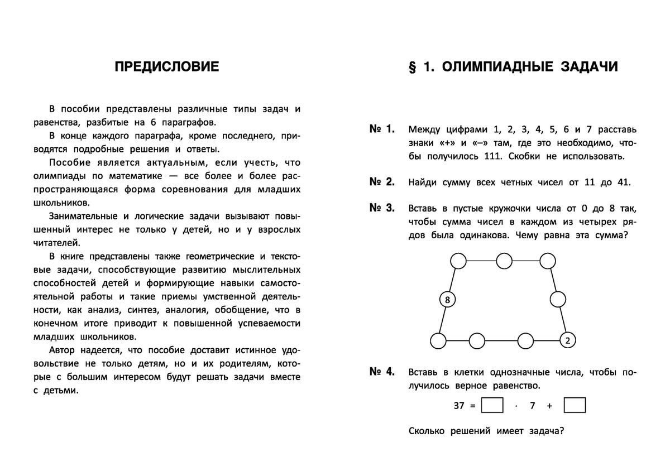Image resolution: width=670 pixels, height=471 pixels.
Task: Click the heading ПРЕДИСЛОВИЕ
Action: (x=167, y=68)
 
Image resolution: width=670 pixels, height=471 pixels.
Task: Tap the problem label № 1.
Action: (x=382, y=129)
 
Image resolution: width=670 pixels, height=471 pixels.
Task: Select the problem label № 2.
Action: (x=382, y=181)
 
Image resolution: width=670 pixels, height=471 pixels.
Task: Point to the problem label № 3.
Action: (x=382, y=208)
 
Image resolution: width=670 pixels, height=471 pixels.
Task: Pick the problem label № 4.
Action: (x=382, y=371)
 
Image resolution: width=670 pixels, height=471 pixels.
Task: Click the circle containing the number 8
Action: (x=447, y=300)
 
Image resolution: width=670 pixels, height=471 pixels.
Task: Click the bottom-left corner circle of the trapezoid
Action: (x=438, y=340)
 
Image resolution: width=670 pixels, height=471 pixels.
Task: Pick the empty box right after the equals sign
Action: (x=492, y=406)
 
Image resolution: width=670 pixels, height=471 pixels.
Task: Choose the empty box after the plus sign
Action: (x=575, y=406)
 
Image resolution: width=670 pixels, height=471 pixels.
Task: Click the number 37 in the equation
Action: (x=459, y=406)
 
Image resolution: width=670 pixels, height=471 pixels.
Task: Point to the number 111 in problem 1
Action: (x=494, y=156)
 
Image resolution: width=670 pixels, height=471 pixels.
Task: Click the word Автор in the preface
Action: (x=61, y=350)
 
